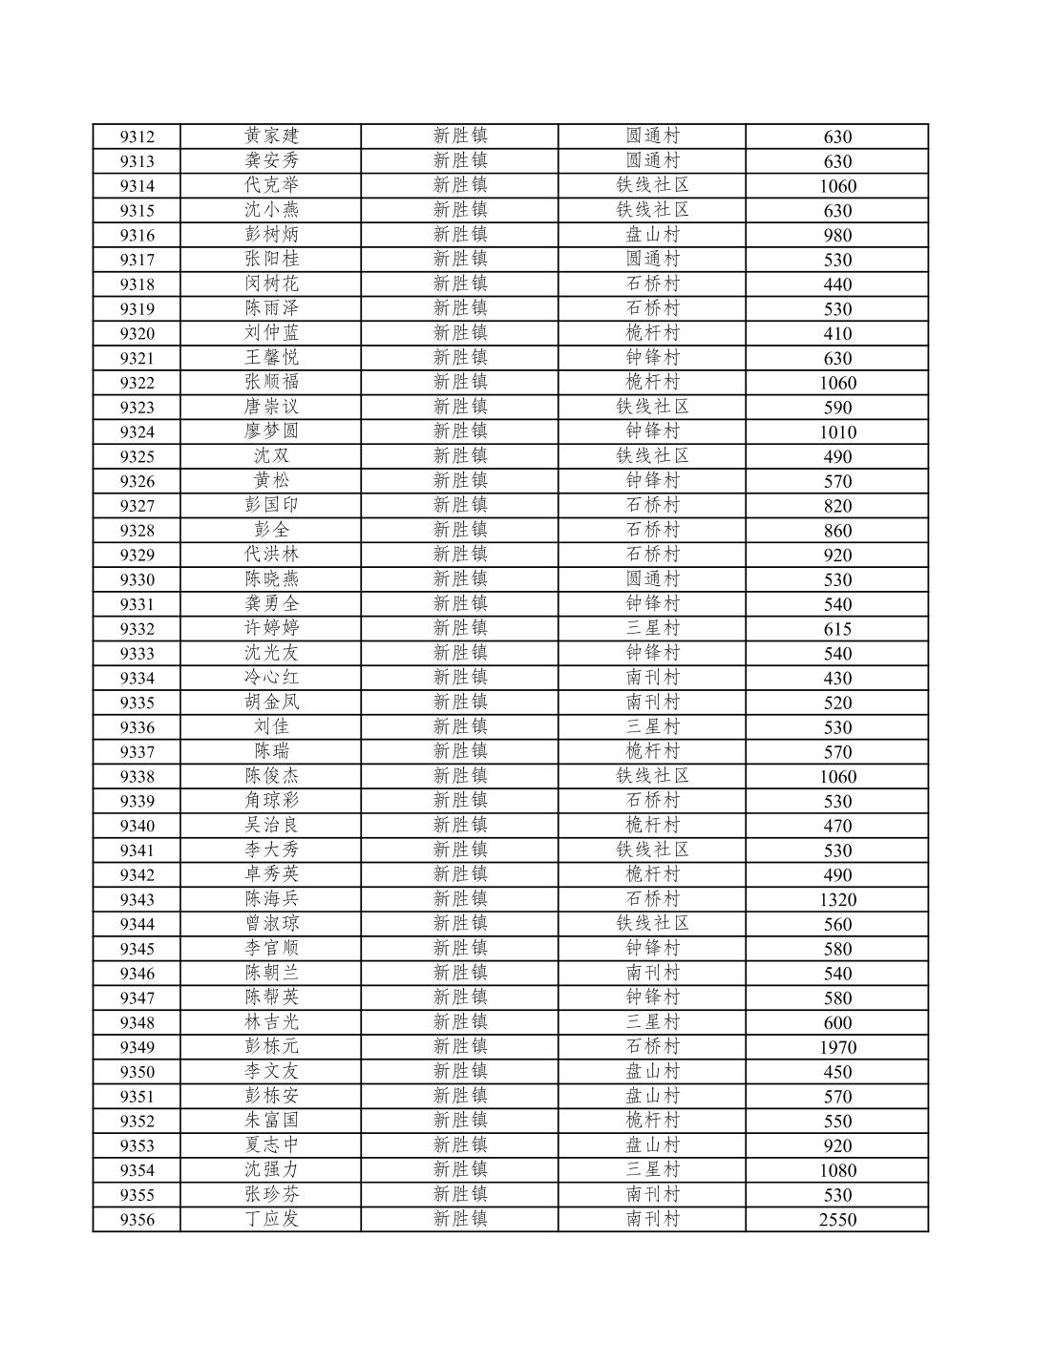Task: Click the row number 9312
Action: pos(137,136)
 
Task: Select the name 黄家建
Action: pos(271,136)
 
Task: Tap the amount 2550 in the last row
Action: pos(837,1219)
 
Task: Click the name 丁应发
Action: pos(271,1218)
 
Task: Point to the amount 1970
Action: pos(837,1047)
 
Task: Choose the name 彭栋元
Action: pos(271,1046)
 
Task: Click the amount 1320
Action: pos(837,899)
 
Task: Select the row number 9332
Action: pos(137,629)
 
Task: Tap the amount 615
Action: pos(837,629)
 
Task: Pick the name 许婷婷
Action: pos(271,628)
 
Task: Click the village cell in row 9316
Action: pos(652,235)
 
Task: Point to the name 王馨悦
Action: pos(271,357)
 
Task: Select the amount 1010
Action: pos(837,431)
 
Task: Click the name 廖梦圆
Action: pos(271,430)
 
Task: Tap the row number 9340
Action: pos(137,826)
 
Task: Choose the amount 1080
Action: pos(837,1170)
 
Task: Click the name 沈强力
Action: pos(271,1169)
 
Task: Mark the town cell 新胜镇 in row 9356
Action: pos(460,1218)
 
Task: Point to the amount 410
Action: pos(837,333)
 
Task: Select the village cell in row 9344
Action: pos(652,923)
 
